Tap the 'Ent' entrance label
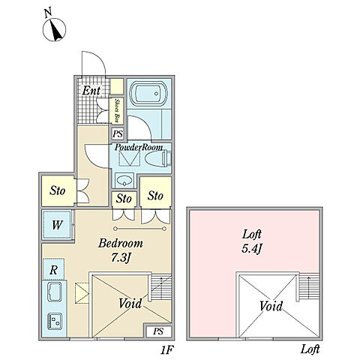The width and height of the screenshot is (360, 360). tap(91, 91)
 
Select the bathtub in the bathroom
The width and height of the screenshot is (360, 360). tap(149, 94)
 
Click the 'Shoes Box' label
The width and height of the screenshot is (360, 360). tap(116, 110)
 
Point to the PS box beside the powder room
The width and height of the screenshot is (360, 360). tap(118, 133)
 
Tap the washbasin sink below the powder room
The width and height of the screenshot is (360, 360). tap(124, 180)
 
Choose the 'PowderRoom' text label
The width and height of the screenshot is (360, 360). tap(139, 147)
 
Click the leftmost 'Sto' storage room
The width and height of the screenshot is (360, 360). tap(58, 191)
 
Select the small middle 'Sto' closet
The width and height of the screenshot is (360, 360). tap(124, 199)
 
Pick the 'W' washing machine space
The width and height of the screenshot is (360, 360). tap(57, 225)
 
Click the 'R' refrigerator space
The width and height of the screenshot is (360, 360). tap(54, 269)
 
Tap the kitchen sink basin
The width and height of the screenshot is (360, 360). tap(55, 292)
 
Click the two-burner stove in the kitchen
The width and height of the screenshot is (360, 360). tap(55, 321)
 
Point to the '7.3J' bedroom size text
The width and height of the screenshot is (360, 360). tap(121, 258)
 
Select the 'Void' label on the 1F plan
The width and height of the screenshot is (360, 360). tap(130, 303)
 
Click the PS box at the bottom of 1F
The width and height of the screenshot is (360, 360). tap(158, 331)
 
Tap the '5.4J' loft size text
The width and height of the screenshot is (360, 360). tap(251, 249)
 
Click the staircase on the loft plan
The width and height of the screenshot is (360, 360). tap(309, 287)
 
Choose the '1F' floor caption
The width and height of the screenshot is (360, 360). tap(166, 350)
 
